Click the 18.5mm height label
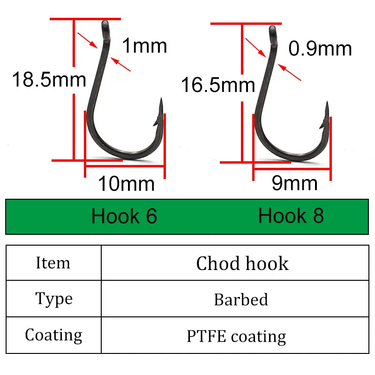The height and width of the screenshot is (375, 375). [x=49, y=79]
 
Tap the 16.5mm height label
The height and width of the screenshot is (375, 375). [x=217, y=85]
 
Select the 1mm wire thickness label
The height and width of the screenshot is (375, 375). [x=144, y=46]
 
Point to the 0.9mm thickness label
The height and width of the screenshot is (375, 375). [x=320, y=49]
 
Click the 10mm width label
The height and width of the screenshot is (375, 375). [x=126, y=183]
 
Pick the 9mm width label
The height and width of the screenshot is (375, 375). [x=294, y=183]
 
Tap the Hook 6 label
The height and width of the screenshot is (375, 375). [x=124, y=216]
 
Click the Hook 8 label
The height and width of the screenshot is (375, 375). [x=291, y=216]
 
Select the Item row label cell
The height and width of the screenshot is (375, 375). [x=53, y=263]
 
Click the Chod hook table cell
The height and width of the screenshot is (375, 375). [x=242, y=263]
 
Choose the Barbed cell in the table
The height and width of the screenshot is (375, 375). [x=241, y=299]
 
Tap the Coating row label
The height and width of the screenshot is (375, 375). [x=53, y=335]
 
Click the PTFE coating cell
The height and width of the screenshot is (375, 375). [x=236, y=336]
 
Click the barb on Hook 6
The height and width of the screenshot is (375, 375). [x=155, y=122]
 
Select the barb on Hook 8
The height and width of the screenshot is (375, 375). [x=322, y=125]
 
